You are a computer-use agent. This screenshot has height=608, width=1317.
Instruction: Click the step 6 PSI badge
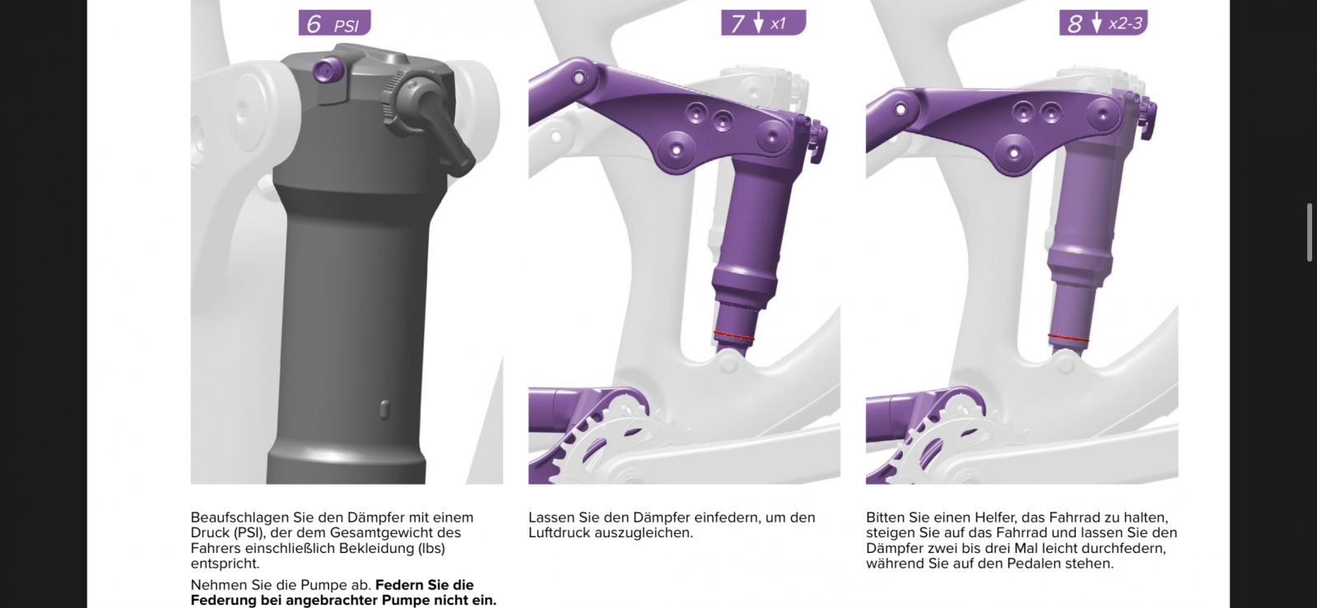click(334, 23)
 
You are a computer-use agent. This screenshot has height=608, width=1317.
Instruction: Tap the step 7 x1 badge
click(763, 23)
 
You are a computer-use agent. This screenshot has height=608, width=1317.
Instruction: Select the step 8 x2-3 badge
click(1104, 23)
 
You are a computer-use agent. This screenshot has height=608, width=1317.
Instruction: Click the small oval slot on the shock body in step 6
click(385, 410)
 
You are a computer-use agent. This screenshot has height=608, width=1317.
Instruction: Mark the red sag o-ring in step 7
click(733, 336)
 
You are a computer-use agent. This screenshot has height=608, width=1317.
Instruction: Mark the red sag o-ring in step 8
click(1068, 338)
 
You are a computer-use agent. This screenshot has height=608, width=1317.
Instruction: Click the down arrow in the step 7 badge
click(758, 22)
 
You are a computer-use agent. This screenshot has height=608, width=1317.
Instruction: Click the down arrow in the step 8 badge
click(1096, 22)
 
